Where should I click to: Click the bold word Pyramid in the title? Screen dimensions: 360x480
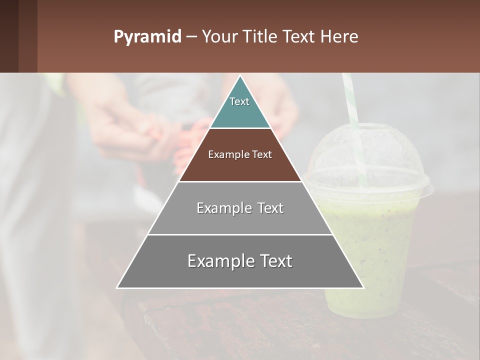(x=147, y=37)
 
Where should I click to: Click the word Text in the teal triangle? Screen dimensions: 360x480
(x=239, y=101)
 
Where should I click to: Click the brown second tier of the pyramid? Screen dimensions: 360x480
(x=240, y=167)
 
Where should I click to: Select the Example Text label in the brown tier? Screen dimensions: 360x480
(x=240, y=154)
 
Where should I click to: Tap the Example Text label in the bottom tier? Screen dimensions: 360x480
(x=240, y=261)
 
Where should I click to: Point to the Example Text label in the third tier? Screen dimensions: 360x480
(x=240, y=208)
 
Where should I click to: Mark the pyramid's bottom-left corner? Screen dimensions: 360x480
(x=117, y=287)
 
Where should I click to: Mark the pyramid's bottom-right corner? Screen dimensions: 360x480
(x=363, y=287)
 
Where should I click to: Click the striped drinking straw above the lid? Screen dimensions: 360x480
(x=350, y=100)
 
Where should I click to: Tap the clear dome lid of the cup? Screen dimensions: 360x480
(x=370, y=160)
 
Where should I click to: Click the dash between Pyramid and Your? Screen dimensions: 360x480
(x=191, y=37)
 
